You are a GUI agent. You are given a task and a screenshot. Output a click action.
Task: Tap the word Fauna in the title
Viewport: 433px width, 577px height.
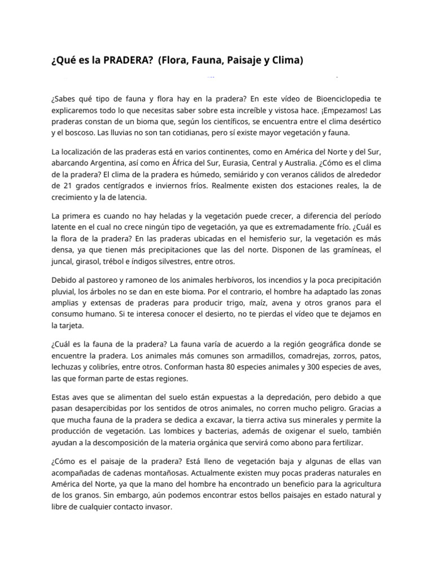coord(200,60)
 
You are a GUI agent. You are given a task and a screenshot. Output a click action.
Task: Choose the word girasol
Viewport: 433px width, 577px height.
coord(92,261)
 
